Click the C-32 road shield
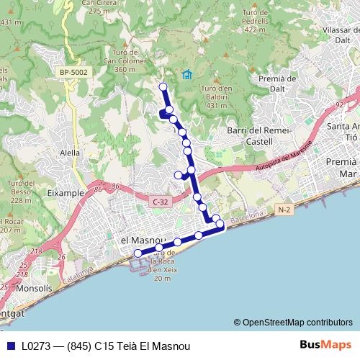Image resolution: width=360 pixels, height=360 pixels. [x=160, y=204]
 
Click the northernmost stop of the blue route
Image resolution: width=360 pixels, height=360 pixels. [x=163, y=87]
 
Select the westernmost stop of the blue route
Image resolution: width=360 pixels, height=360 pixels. [x=138, y=253]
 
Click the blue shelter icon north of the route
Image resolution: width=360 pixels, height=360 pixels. [x=187, y=74]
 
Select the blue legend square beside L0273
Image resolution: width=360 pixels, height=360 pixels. [x=9, y=346]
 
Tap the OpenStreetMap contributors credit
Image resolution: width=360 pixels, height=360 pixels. [x=293, y=322]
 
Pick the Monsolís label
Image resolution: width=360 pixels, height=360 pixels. [x=28, y=288]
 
